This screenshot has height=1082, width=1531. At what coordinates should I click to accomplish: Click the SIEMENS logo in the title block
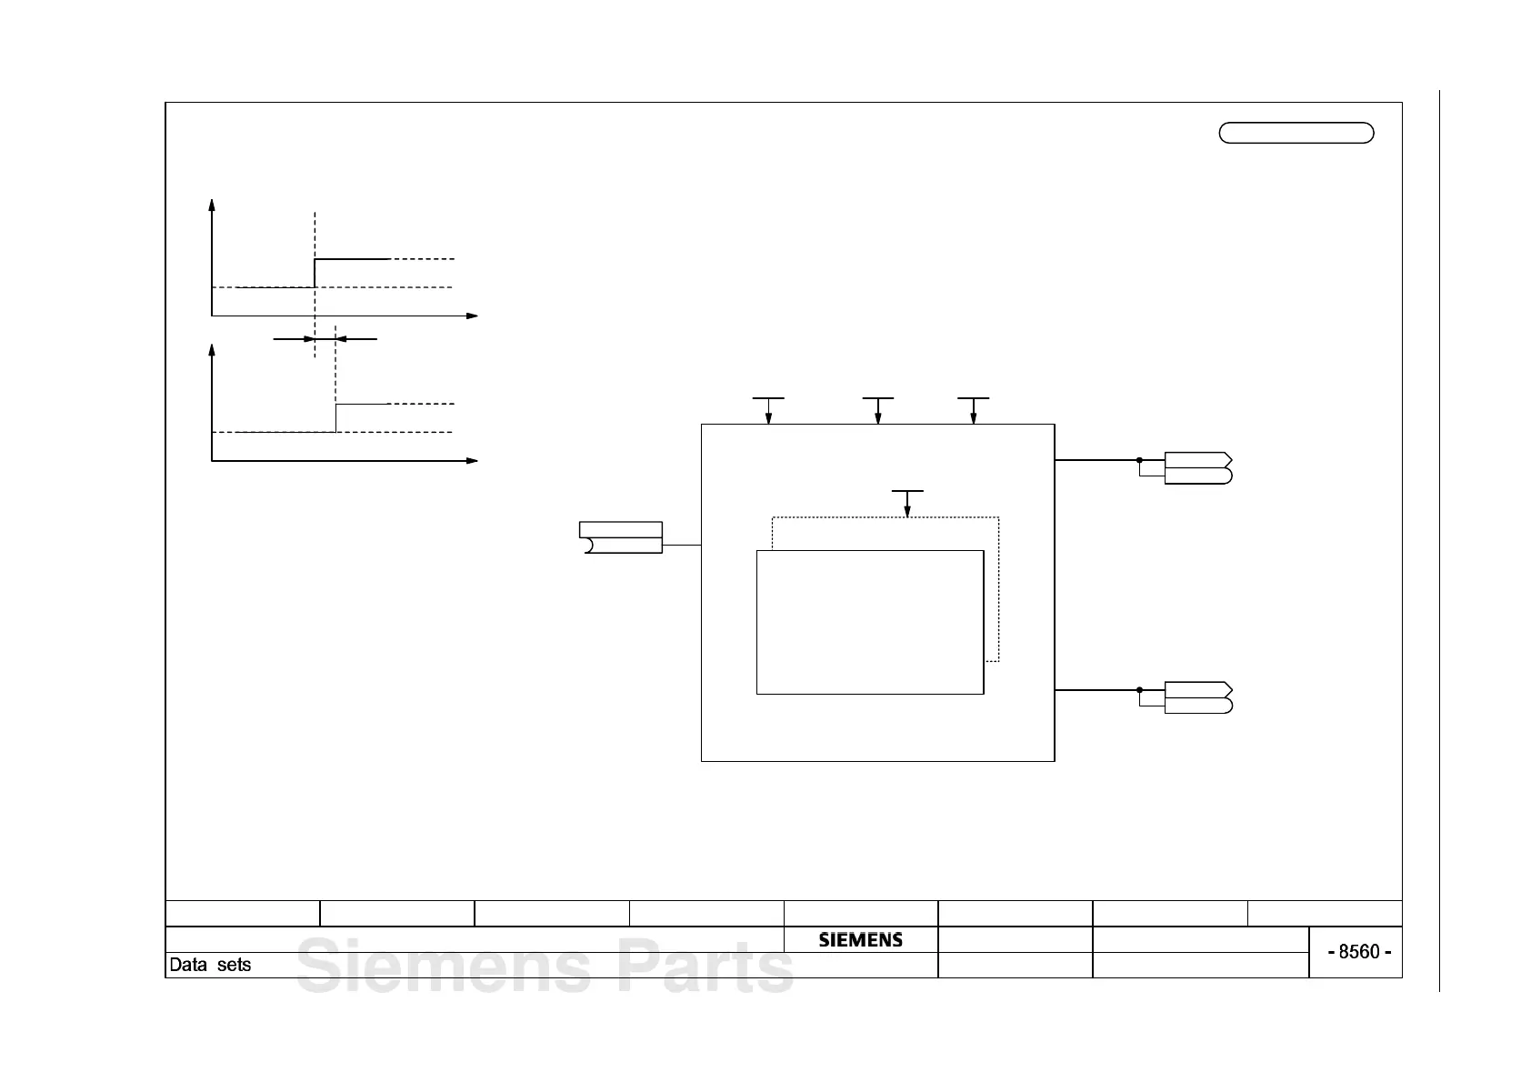(x=860, y=940)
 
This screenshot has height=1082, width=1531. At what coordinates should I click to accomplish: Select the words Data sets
(x=210, y=965)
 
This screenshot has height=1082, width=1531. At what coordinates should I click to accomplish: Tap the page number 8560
(x=1359, y=952)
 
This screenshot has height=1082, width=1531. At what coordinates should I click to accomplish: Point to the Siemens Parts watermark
(x=545, y=967)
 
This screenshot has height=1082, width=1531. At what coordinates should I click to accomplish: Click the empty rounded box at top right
(x=1296, y=133)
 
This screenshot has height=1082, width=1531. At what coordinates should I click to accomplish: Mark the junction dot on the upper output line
(x=1139, y=460)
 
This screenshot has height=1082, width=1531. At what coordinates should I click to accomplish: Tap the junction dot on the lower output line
(x=1139, y=690)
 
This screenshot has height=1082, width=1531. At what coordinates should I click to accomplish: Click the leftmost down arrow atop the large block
(x=768, y=417)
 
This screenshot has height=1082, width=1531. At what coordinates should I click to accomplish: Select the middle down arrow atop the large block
(x=877, y=417)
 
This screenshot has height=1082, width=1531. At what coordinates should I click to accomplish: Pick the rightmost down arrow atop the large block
(x=973, y=417)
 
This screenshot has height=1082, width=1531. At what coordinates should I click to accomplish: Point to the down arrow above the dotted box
(x=907, y=510)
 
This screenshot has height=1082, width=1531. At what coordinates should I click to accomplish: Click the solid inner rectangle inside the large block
(x=870, y=622)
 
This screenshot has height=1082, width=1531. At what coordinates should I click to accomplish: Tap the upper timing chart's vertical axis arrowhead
(x=212, y=205)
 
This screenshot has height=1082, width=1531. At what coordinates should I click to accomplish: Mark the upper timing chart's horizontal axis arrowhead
(x=472, y=316)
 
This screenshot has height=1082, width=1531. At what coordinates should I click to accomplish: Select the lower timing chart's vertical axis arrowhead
(x=212, y=350)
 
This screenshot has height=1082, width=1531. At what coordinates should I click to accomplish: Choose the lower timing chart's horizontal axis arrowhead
(x=472, y=461)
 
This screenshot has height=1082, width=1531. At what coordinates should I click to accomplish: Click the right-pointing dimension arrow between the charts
(x=307, y=339)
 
